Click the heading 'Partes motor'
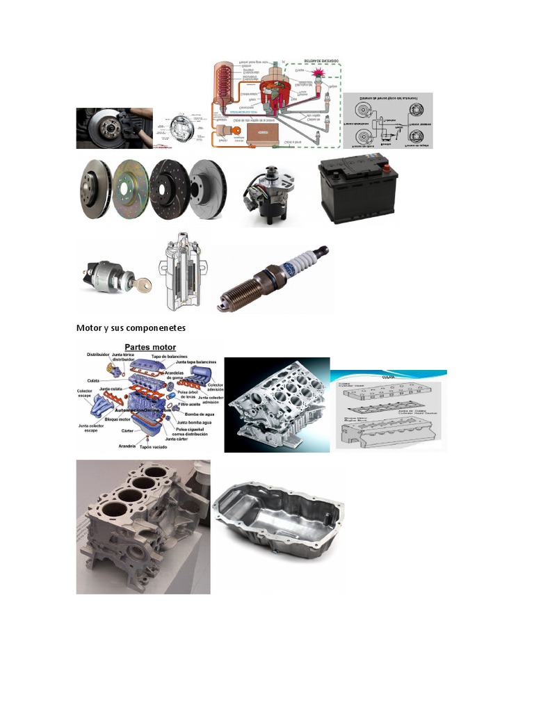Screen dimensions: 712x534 149,346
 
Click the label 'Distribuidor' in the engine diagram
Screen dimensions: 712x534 99,355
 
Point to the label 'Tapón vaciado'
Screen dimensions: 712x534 154,447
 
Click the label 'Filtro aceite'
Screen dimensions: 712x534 190,403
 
